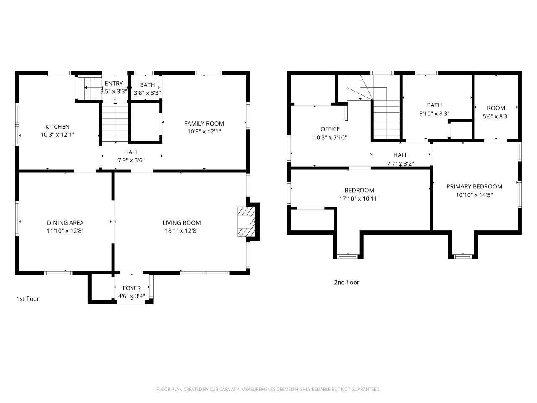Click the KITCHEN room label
[57, 127]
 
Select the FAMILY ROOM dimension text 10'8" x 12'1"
[204, 131]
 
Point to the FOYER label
[132, 288]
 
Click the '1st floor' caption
[28, 299]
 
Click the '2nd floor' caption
[347, 282]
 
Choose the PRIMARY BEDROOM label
[474, 186]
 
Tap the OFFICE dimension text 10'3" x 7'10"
[330, 137]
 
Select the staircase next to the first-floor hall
[115, 124]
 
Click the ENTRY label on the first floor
[114, 84]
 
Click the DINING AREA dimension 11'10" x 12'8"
[65, 230]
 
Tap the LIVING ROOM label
[182, 223]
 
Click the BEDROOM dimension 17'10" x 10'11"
[360, 199]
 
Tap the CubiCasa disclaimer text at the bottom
[268, 389]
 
